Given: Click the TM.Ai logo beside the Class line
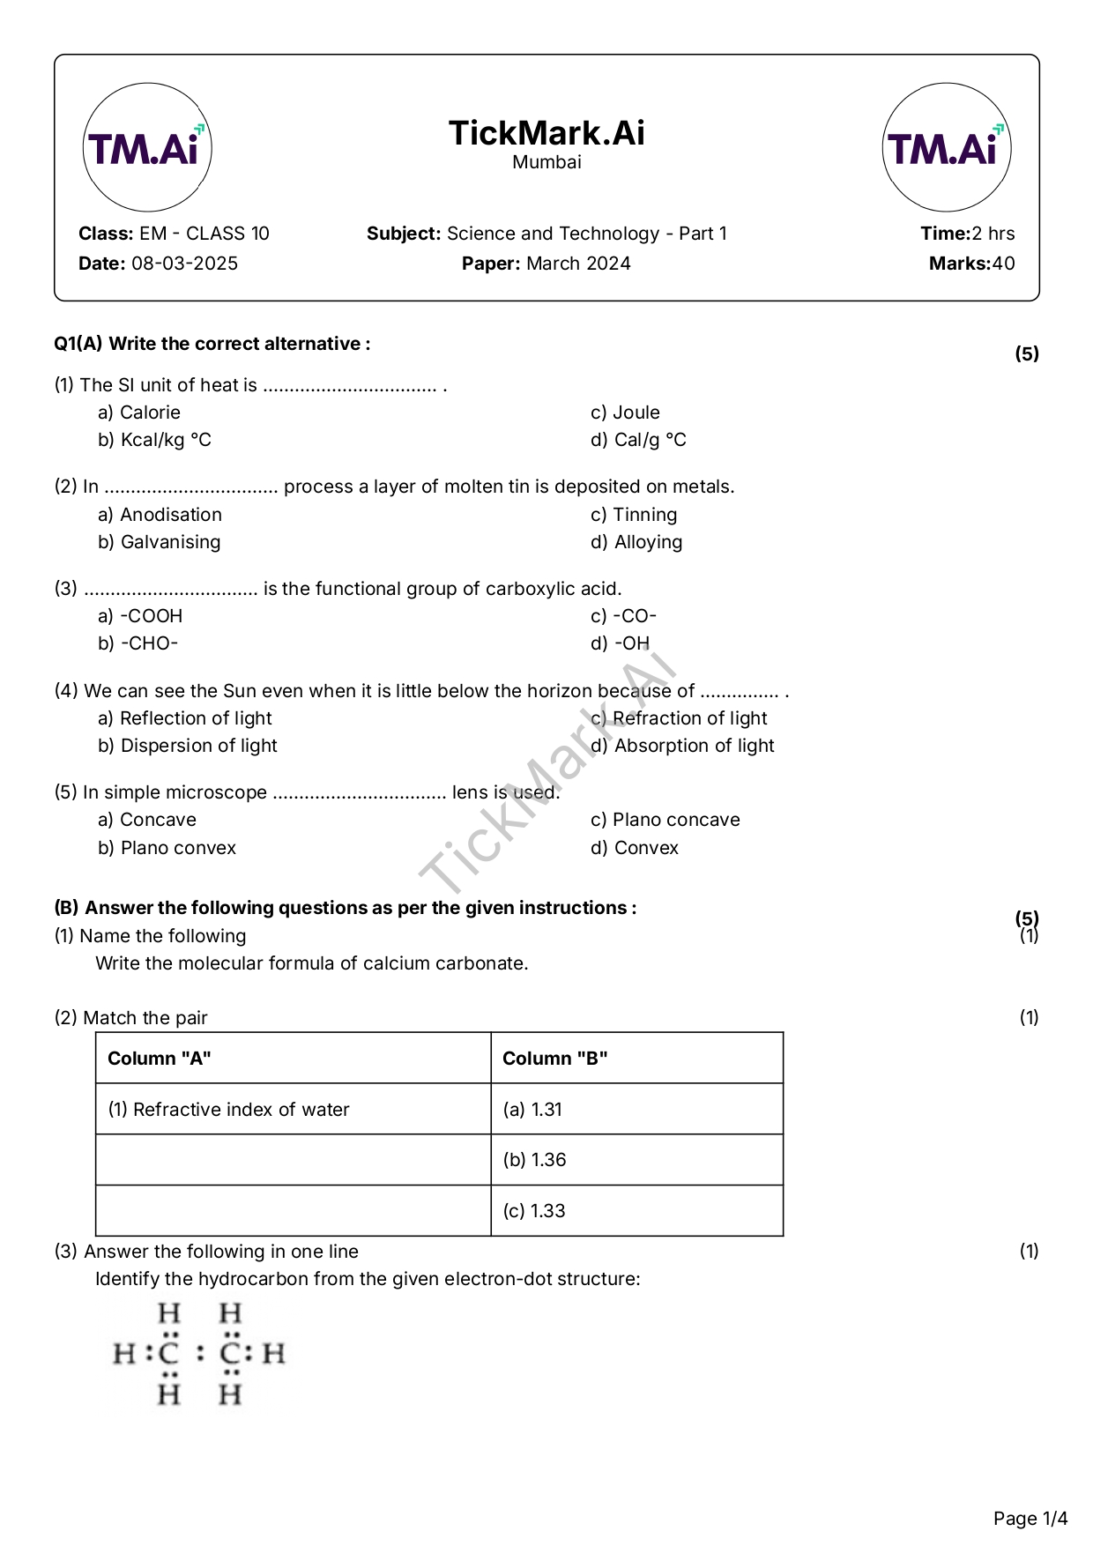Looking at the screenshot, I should tap(147, 147).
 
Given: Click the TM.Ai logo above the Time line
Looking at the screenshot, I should tap(946, 147).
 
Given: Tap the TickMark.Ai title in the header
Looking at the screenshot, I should tap(546, 133).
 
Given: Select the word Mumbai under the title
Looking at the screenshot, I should tap(546, 162).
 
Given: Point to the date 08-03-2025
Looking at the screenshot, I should tap(184, 264).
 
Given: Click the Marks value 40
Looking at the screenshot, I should tap(1003, 264).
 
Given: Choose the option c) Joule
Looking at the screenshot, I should tap(625, 413).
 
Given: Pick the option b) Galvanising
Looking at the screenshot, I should tap(160, 542).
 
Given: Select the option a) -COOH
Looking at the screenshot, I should tap(140, 616).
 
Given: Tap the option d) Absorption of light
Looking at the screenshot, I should tap(682, 746).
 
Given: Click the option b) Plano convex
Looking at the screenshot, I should tap(167, 848).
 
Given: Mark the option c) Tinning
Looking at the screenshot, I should tap(634, 515).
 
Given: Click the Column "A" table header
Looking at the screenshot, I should tap(160, 1059).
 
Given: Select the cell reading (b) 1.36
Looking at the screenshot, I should tap(535, 1160).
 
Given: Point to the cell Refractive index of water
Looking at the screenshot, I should tap(229, 1110).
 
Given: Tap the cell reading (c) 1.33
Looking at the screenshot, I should tap(534, 1211).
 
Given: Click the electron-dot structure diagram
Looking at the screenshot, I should tap(199, 1354).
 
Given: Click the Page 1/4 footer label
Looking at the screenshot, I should tap(1030, 1518).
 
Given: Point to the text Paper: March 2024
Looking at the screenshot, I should tap(546, 264).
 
